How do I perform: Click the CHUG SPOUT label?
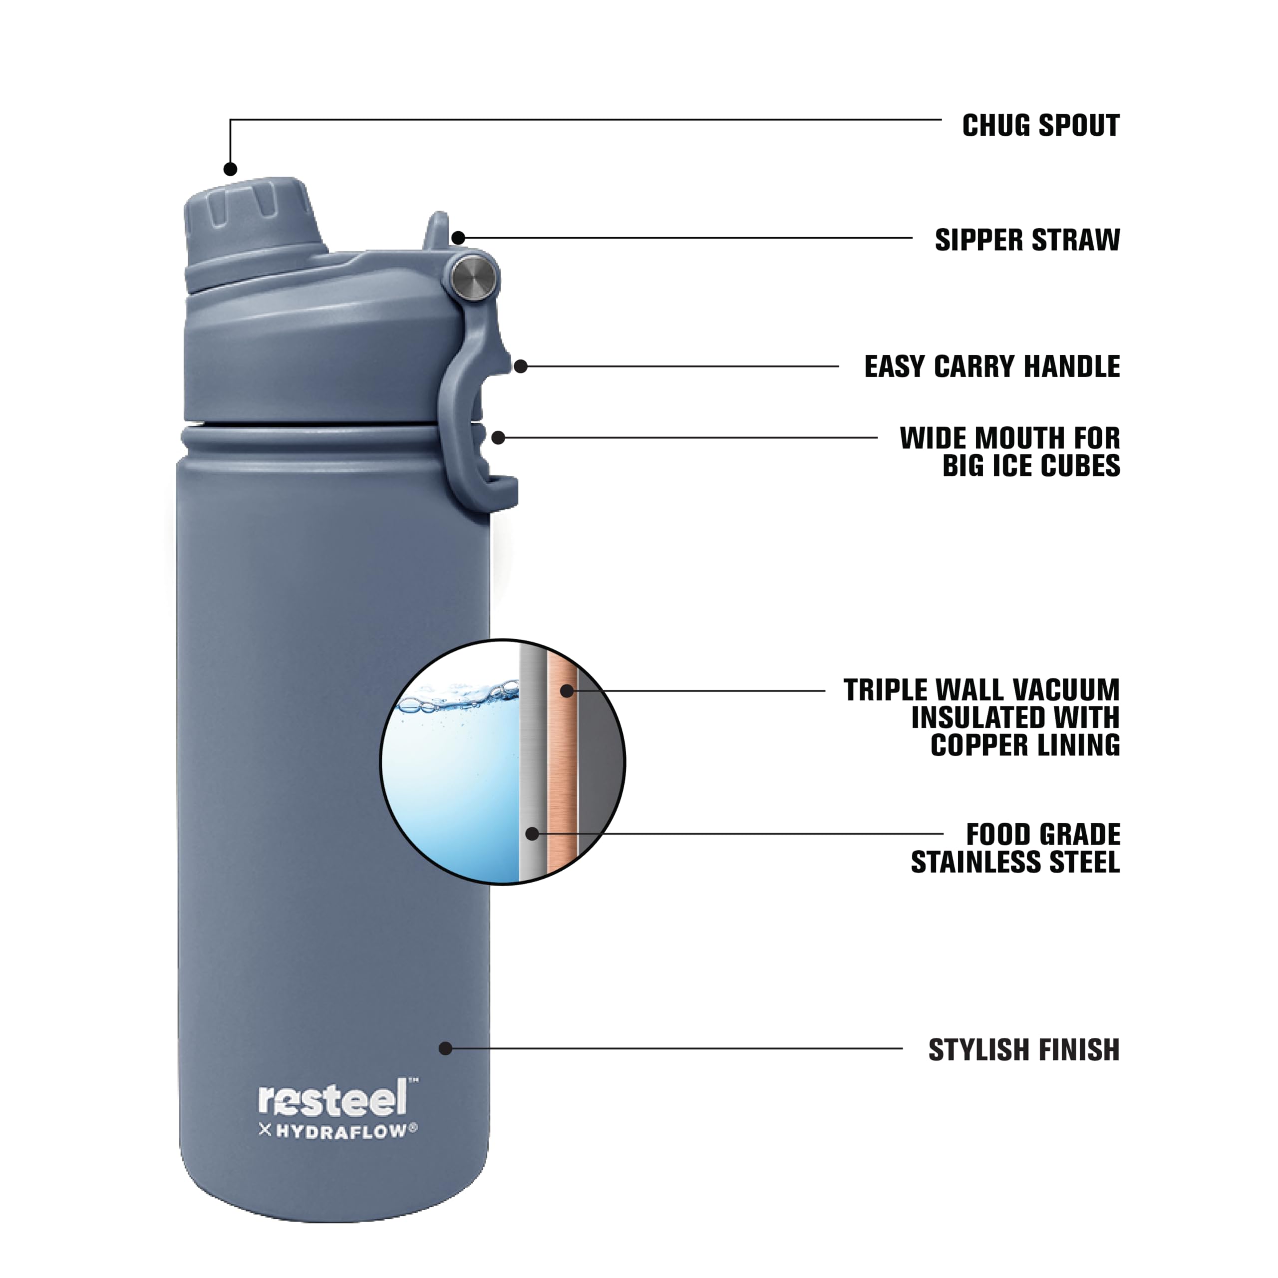click(1040, 126)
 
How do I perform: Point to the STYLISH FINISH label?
click(1023, 1050)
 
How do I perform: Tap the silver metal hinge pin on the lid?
click(474, 277)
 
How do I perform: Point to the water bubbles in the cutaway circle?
click(463, 698)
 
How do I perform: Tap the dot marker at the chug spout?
click(230, 169)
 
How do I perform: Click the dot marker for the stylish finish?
click(446, 1048)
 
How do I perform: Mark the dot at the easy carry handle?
click(521, 366)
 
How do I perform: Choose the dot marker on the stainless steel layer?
click(532, 834)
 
